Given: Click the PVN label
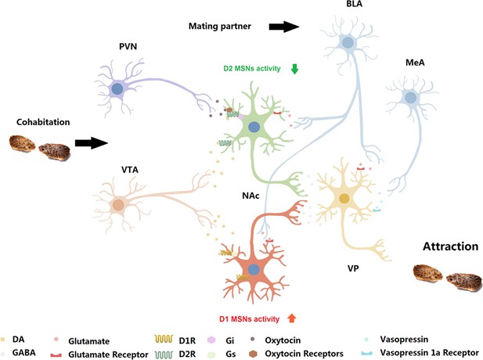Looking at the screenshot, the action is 128,46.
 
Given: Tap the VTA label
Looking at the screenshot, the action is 130,170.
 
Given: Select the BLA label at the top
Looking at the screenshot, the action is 355,3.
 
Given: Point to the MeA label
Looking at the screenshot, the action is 415,63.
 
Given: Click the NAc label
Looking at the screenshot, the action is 251,196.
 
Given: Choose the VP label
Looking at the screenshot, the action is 353,268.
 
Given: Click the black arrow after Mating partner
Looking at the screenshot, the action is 284,27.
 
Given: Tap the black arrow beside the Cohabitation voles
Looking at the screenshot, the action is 92,143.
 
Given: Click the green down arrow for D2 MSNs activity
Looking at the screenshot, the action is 295,69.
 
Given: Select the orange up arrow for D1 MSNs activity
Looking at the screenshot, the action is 292,318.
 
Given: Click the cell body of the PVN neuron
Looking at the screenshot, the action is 117,89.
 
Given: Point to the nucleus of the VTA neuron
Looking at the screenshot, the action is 118,205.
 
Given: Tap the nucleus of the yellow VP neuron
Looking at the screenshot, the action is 344,199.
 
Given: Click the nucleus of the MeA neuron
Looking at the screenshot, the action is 410,98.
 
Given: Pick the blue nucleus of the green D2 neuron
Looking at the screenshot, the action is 254,127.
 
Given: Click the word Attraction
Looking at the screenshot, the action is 450,247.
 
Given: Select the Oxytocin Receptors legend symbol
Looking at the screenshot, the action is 253,354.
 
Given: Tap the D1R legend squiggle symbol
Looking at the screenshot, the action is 164,340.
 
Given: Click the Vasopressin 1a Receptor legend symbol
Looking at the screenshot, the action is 367,353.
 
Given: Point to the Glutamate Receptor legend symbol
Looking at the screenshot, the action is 56,355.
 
